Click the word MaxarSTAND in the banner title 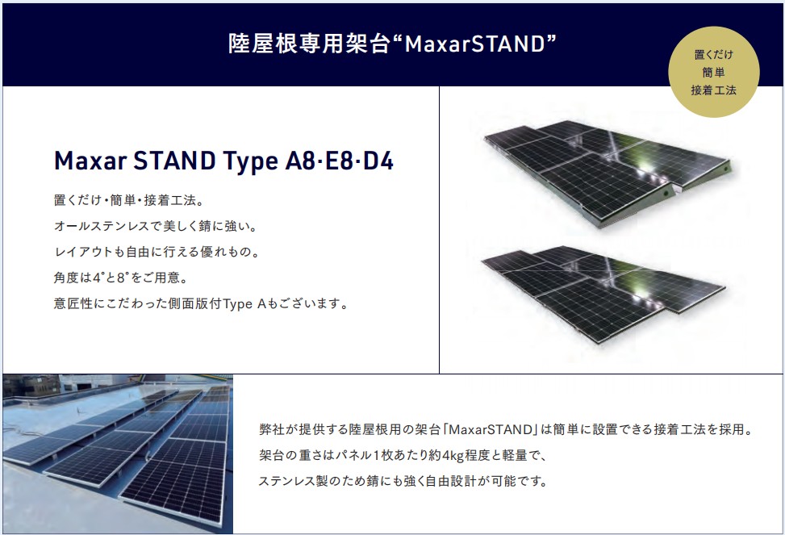[474, 44]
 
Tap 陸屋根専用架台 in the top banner [309, 44]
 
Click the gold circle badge [713, 72]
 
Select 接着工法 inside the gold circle [713, 90]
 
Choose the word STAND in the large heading [175, 161]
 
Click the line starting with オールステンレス [156, 226]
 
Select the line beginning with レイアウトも [157, 252]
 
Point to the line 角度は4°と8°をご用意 [121, 278]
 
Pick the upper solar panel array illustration [608, 173]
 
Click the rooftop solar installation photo [118, 453]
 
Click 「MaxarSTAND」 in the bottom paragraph [491, 430]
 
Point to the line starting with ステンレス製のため [403, 482]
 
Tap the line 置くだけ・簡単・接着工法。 [129, 200]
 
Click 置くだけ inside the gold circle [713, 55]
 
